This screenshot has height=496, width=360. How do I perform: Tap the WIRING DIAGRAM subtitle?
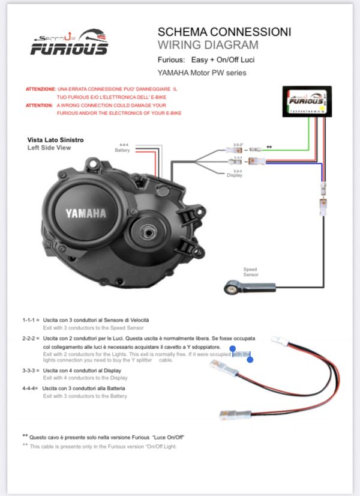pos(208,45)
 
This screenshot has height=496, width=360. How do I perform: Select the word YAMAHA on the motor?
pos(86,213)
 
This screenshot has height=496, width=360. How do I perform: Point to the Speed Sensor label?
pos(250,271)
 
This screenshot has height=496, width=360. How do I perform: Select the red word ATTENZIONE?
pos(41,89)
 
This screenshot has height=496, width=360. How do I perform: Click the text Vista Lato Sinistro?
pos(55,139)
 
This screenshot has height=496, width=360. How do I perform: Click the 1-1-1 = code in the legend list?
pos(31,320)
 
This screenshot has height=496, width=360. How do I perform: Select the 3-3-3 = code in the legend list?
pos(31,371)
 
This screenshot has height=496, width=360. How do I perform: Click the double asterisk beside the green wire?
pos(269,146)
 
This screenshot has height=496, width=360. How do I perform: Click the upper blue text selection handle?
pos(233,348)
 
